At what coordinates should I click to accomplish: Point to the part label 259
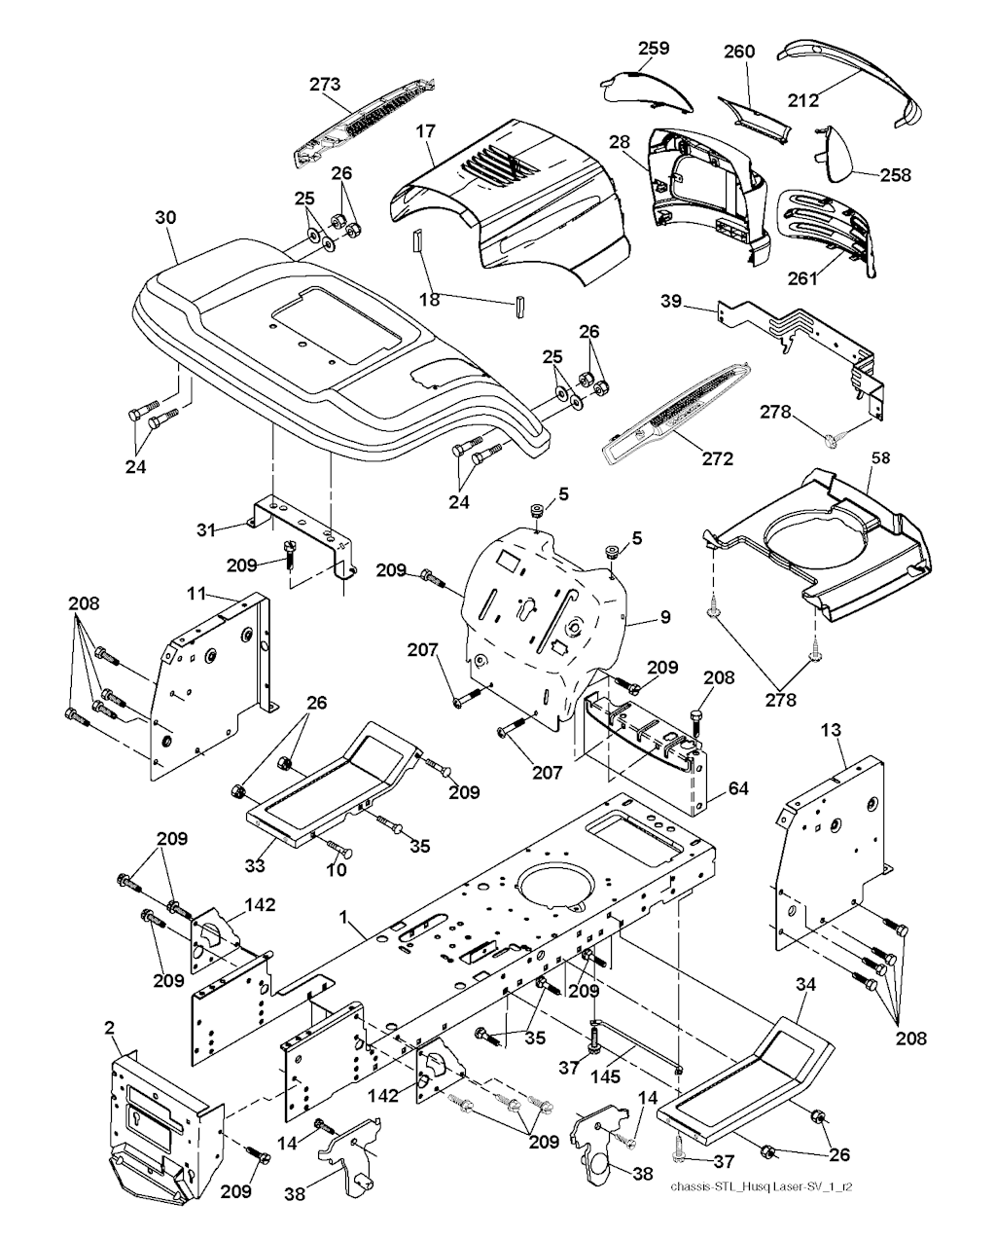655,48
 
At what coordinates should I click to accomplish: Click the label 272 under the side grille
717,458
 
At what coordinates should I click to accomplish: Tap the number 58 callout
879,456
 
